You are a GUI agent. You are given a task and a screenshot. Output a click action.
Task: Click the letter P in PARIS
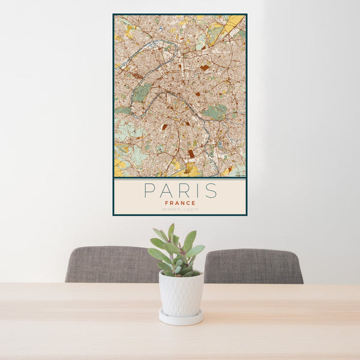click(x=149, y=191)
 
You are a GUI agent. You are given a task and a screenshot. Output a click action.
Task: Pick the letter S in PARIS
click(x=211, y=191)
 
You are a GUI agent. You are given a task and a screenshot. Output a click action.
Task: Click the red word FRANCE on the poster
click(x=180, y=203)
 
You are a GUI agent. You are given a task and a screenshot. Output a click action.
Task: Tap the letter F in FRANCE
click(x=166, y=203)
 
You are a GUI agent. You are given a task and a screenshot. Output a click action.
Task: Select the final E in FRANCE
click(x=194, y=203)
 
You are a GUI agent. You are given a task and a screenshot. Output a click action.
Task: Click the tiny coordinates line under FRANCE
click(x=180, y=209)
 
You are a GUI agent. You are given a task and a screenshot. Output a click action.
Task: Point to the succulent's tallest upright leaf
click(x=171, y=233)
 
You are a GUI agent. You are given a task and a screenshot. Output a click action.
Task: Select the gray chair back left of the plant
click(x=108, y=264)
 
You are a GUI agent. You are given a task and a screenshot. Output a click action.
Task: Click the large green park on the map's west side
click(x=141, y=92)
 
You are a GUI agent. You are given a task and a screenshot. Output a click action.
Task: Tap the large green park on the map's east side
click(x=215, y=112)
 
